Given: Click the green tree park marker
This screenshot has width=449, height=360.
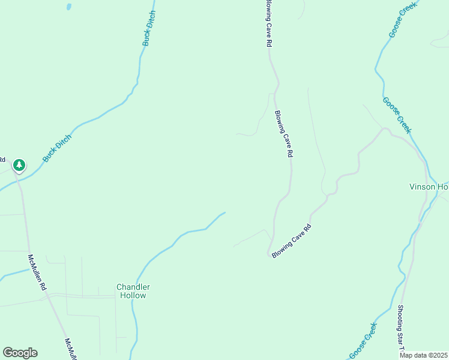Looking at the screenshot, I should click(19, 165).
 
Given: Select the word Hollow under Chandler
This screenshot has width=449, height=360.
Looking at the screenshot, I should click(133, 295).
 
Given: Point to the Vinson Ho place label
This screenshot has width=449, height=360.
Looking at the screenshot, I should click(429, 187).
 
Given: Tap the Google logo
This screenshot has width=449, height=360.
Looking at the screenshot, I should click(20, 353).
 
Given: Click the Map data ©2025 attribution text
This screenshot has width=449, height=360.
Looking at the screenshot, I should click(423, 355).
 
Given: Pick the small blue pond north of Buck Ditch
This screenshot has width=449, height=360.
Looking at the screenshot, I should click(68, 7).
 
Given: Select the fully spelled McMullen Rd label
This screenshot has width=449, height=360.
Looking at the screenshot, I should click(37, 273).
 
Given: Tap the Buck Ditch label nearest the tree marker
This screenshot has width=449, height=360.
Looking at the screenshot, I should click(57, 148).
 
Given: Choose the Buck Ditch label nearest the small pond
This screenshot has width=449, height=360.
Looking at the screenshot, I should click(149, 28).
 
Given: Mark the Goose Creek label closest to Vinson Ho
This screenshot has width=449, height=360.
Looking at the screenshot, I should click(397, 115).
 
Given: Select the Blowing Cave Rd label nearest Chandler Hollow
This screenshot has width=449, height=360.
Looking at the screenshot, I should click(292, 241).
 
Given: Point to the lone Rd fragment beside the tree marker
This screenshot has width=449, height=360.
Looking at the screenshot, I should click(2, 160).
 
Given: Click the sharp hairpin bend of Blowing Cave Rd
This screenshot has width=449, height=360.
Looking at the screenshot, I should click(268, 254).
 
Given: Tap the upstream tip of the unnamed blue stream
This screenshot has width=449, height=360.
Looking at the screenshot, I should click(224, 212).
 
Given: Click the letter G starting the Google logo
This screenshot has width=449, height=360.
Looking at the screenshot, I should click(8, 353).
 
